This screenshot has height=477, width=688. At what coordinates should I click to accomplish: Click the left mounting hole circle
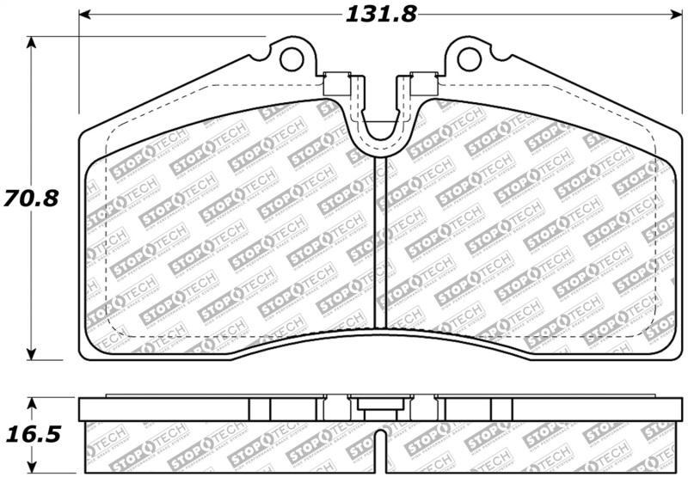click(x=292, y=59)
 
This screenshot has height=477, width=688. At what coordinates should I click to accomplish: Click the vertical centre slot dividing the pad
click(x=380, y=241)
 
